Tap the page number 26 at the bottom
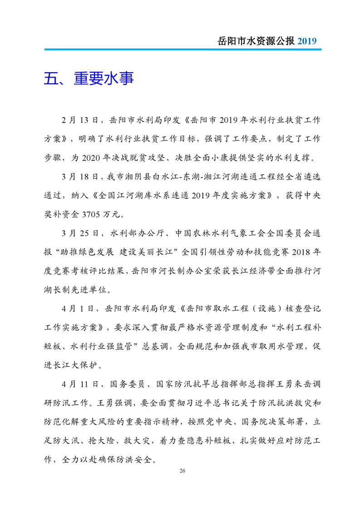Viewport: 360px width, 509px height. (x=182, y=470)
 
